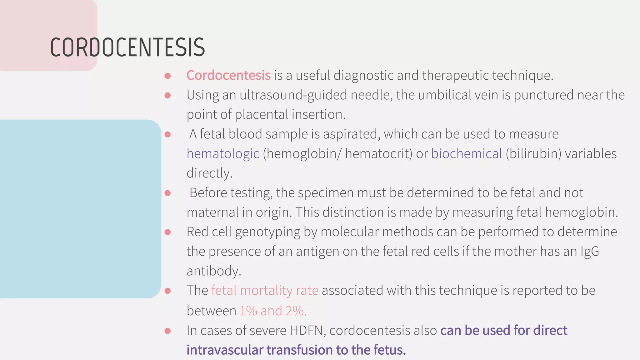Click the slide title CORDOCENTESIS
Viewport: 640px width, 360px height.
127,47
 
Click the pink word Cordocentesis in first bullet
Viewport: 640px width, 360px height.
228,75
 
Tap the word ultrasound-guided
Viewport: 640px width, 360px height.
293,95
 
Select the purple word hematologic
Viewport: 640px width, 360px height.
223,154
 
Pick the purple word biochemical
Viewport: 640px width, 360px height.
466,154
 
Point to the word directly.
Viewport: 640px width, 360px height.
209,173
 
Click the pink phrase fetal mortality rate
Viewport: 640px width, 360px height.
265,290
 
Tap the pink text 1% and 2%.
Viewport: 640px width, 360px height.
273,311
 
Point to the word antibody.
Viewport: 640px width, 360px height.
214,271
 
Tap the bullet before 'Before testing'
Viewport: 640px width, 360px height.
167,193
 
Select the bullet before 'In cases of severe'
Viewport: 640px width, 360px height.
167,331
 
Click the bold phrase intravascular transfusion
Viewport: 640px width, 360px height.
259,350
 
